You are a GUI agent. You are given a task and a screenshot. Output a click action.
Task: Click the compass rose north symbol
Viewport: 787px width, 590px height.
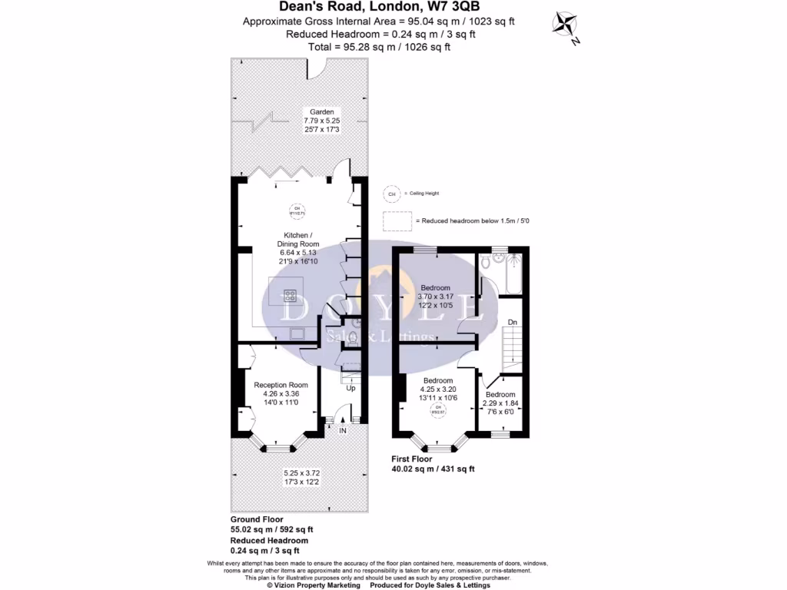click(568, 25)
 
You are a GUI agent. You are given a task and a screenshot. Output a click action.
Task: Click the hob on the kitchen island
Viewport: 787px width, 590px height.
click(291, 293)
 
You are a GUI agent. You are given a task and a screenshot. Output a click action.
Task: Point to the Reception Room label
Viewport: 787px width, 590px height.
click(281, 385)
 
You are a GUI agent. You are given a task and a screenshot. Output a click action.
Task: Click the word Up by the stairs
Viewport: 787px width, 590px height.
click(351, 388)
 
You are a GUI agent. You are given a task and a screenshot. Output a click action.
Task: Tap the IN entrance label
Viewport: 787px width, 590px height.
click(343, 432)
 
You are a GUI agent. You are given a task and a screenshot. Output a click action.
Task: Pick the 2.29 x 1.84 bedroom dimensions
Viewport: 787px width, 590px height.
click(500, 403)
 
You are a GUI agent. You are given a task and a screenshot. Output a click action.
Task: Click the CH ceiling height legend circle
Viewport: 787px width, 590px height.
click(392, 194)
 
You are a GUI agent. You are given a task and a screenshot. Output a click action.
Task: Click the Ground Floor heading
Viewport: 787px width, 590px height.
click(257, 519)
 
